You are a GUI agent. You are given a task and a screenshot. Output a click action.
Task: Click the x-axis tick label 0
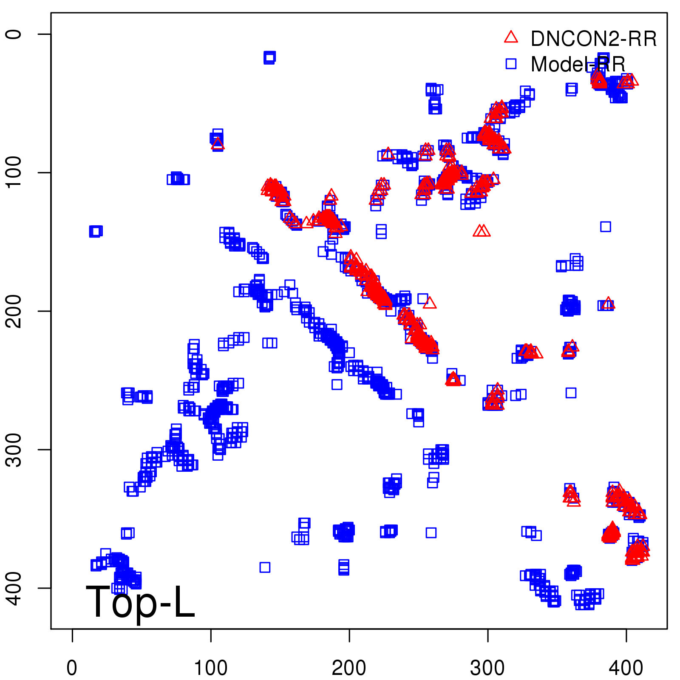coord(72,668)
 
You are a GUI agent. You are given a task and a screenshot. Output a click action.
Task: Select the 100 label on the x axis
coord(211,668)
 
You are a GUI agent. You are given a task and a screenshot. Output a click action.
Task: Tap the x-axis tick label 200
coord(349,668)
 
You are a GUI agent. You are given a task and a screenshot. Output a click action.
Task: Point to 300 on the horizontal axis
coord(487,668)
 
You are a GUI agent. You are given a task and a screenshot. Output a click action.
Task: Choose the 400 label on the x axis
coord(626,668)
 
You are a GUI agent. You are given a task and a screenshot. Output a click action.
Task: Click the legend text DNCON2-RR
coord(594,39)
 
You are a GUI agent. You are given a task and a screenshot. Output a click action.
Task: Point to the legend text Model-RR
coord(578,65)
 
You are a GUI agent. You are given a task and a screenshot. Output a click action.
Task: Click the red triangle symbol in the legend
coord(511,37)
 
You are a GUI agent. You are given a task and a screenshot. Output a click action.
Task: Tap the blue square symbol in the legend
coord(511,64)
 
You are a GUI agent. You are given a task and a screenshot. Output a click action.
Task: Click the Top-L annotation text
coord(140,602)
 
